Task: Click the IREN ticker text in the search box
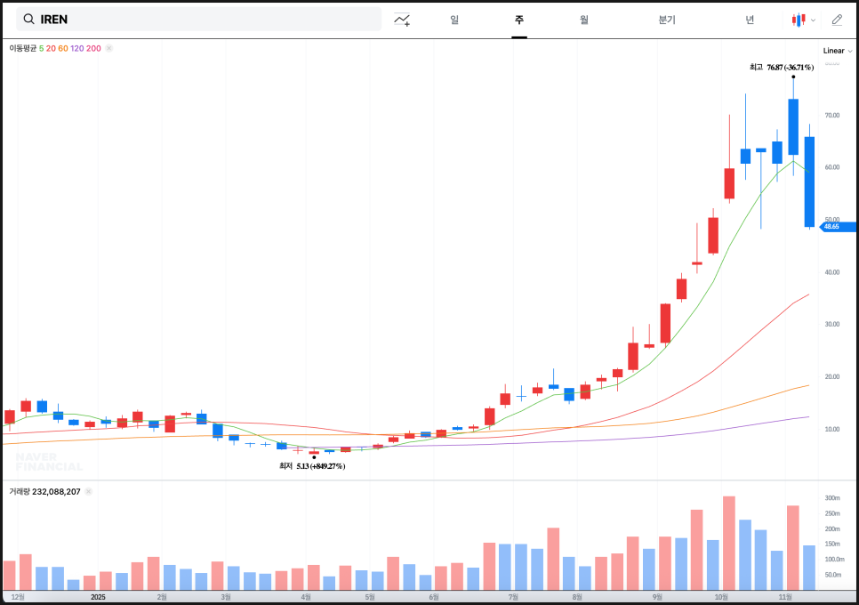tap(54, 19)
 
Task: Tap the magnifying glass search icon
tap(29, 19)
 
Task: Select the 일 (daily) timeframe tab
tap(454, 20)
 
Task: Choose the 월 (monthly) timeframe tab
tap(583, 20)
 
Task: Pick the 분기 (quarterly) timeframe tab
tap(667, 20)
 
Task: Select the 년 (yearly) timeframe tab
tap(750, 20)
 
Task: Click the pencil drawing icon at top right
tap(837, 20)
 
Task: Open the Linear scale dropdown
tap(837, 51)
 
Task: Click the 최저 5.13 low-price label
tap(312, 466)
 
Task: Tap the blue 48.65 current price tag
tap(835, 227)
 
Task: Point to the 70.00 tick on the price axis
tap(832, 116)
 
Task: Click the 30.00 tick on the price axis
tap(832, 325)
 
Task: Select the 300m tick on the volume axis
tap(832, 498)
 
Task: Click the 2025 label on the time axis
tap(98, 597)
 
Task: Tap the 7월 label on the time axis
tap(513, 597)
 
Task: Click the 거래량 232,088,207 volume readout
tap(44, 491)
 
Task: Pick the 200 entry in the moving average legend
tap(93, 48)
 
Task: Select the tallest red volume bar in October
tap(729, 543)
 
